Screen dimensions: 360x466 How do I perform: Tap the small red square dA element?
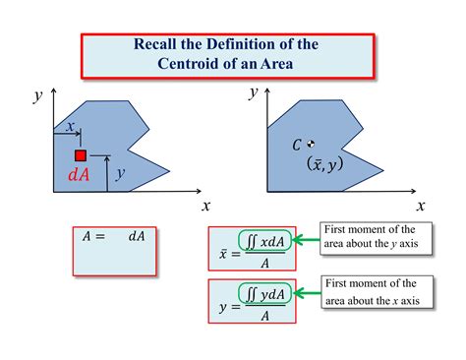(81, 155)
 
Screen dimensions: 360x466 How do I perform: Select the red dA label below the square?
(79, 177)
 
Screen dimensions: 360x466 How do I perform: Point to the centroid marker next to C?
(312, 144)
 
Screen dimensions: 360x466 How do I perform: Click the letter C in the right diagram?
(297, 146)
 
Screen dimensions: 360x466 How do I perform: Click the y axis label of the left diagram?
(36, 95)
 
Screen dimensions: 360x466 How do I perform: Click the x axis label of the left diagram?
(206, 206)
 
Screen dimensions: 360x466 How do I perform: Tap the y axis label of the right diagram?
(253, 91)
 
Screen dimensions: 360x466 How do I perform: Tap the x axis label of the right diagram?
(421, 206)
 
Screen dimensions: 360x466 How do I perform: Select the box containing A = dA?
(113, 252)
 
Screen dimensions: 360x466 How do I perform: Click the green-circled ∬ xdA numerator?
(263, 240)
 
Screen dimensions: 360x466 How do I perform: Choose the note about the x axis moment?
(374, 292)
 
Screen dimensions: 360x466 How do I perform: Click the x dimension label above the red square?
(71, 126)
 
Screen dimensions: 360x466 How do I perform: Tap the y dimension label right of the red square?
(119, 173)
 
